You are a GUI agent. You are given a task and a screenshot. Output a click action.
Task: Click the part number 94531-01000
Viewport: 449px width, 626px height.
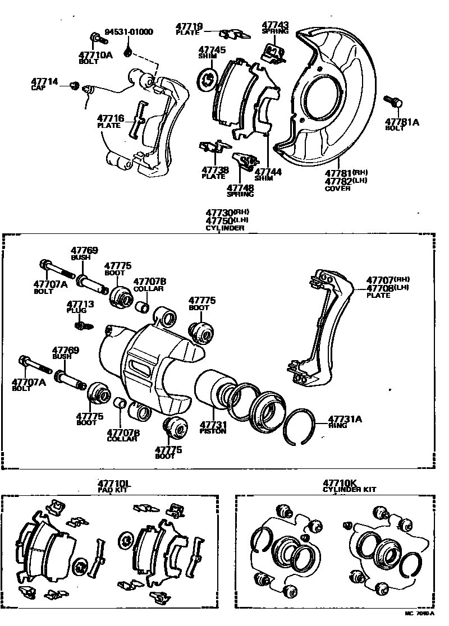[129, 32]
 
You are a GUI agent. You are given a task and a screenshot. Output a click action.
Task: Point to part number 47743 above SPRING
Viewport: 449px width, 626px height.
[275, 25]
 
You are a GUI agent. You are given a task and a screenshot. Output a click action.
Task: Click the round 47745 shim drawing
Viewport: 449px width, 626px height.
[207, 78]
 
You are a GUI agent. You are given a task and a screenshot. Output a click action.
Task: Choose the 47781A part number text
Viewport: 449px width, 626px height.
[402, 121]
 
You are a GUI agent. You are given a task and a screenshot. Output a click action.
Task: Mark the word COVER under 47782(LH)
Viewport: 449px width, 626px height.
[337, 188]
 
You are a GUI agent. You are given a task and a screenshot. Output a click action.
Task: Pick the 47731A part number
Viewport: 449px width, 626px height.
[345, 418]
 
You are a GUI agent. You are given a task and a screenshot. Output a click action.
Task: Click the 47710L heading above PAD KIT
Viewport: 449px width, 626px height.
[114, 483]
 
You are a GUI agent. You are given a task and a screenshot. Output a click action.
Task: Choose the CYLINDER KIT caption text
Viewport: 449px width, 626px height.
[349, 490]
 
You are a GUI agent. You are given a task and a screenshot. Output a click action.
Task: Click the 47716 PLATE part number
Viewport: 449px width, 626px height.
[109, 118]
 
